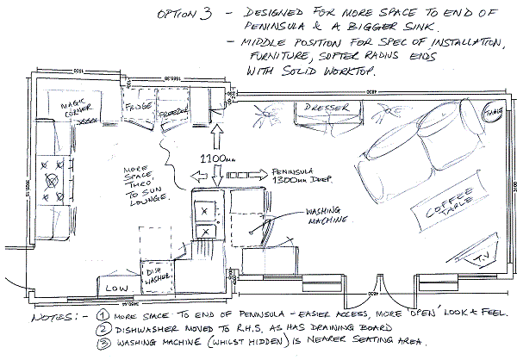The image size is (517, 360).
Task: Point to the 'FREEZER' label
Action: point(173,112)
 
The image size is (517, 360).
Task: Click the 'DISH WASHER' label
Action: point(156,273)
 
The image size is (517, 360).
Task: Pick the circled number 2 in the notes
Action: point(102,328)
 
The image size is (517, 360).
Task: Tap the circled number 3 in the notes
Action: point(102,343)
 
